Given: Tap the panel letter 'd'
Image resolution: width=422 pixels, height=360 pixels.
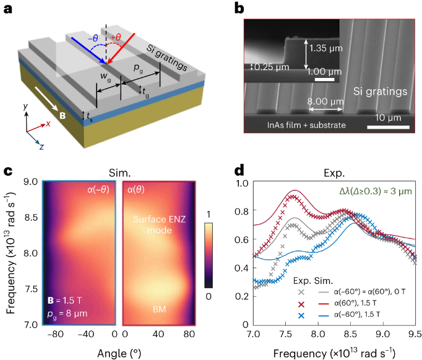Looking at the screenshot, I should pyautogui.click(x=227, y=169).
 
